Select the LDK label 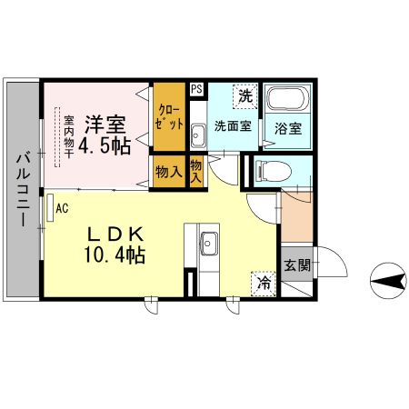tap(113, 234)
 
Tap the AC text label tap(63, 207)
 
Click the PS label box tap(196, 89)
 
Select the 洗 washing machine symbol tap(244, 95)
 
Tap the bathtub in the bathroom tap(288, 100)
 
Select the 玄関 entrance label tap(296, 265)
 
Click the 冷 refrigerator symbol tap(263, 283)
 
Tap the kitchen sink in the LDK tap(208, 244)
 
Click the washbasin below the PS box tap(198, 137)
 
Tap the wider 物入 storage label tap(168, 171)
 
